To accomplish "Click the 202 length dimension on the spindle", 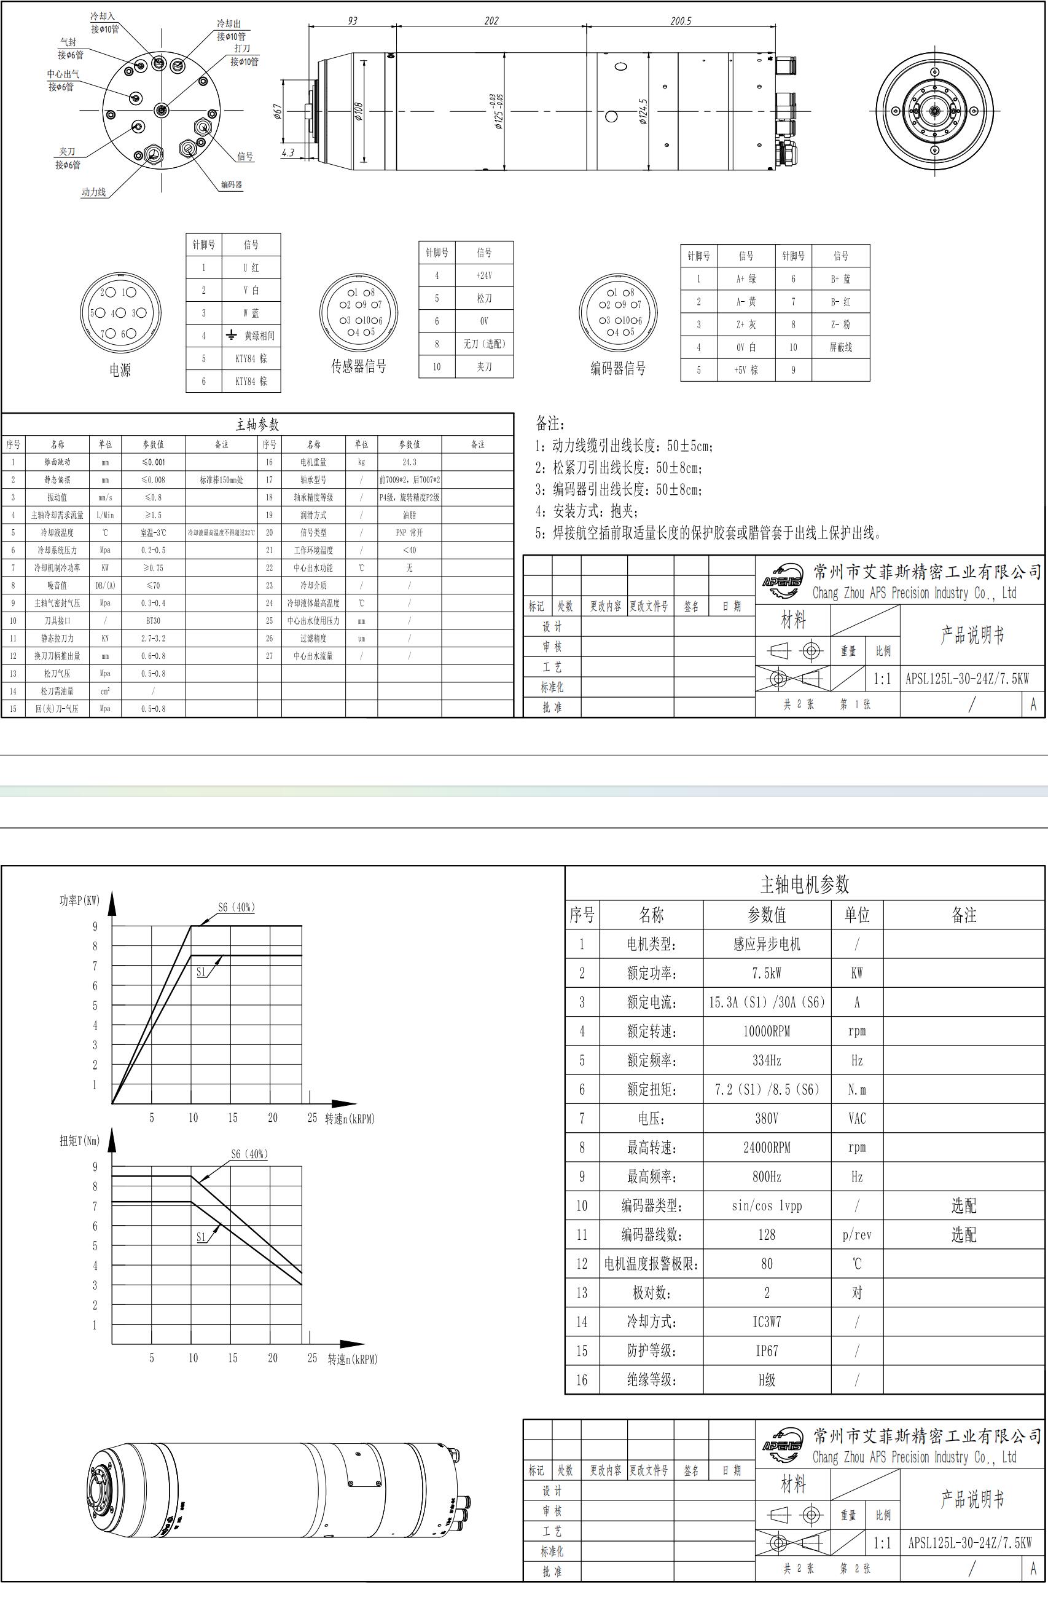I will tap(491, 21).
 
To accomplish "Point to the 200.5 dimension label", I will tap(680, 21).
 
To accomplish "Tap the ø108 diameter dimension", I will tap(358, 111).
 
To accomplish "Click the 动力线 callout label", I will tap(93, 192).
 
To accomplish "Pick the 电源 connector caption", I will tap(120, 370).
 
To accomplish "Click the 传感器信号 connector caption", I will tap(358, 366).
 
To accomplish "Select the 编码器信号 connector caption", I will tap(617, 369).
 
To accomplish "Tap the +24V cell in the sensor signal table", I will tap(484, 275).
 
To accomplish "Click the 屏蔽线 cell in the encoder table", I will tap(840, 347).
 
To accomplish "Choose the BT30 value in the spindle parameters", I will tap(154, 621).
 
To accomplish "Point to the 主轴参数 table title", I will tap(257, 425).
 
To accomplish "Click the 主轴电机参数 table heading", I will tap(804, 884).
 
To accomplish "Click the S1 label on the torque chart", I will tap(201, 1237).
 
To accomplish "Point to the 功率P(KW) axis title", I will tap(79, 901).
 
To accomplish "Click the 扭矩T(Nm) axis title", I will tap(79, 1141).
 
